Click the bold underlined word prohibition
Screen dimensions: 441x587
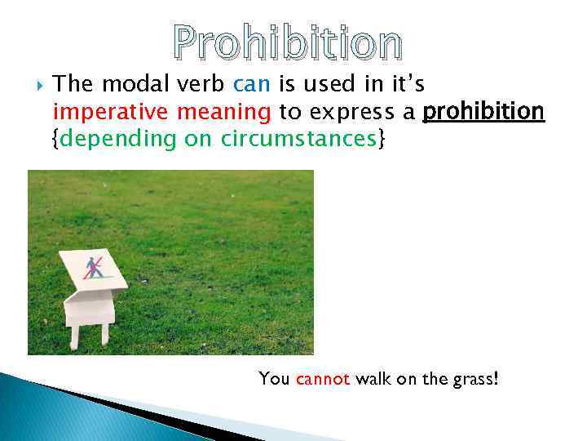(484, 111)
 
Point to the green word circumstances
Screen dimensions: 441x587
(298, 139)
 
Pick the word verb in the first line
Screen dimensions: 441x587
(207, 83)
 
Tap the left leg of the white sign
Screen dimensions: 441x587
(74, 335)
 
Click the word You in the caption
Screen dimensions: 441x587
(274, 379)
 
